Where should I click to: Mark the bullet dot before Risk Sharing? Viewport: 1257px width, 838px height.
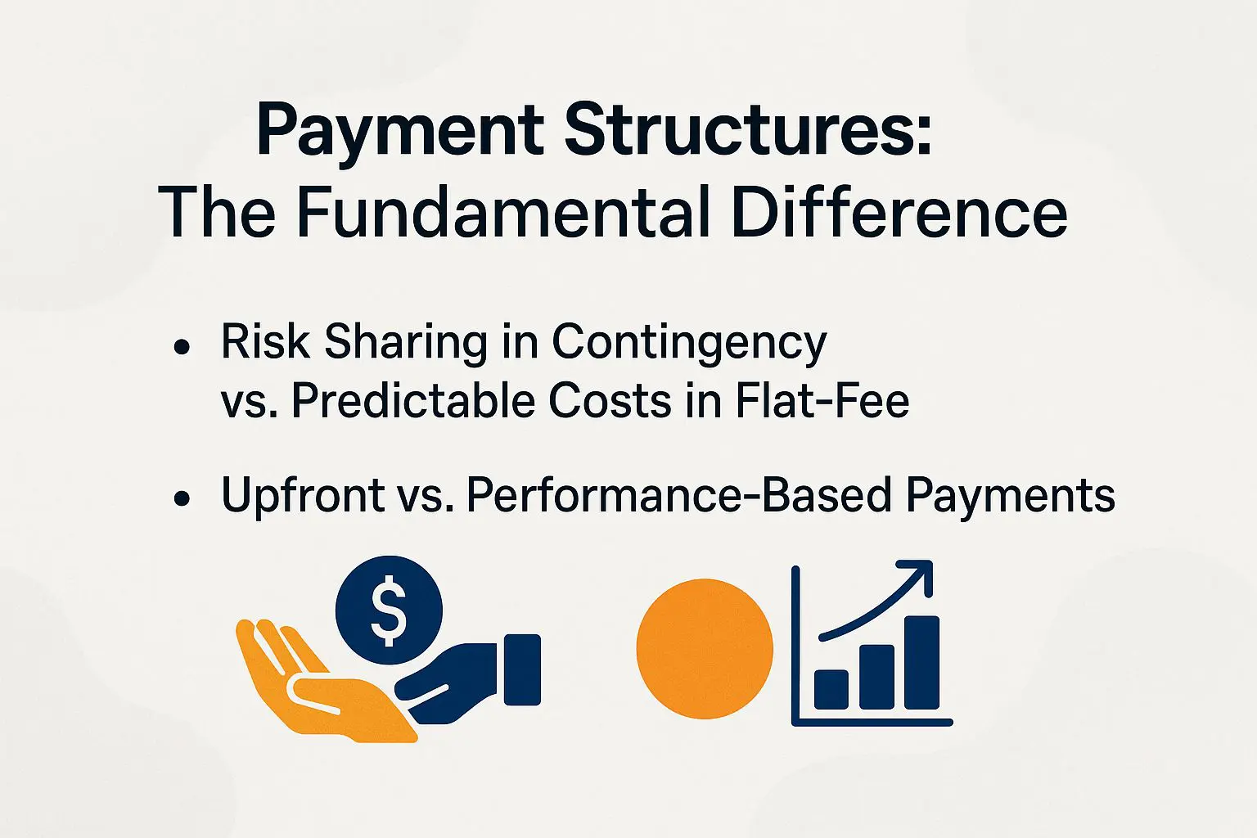tap(182, 347)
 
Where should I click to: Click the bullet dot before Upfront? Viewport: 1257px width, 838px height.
tap(182, 498)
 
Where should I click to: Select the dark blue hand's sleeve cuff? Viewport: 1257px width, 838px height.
tap(522, 669)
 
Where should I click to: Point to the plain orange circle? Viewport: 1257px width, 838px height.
tap(705, 648)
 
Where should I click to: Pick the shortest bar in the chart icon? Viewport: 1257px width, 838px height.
tap(831, 689)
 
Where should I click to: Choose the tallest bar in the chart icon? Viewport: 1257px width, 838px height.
tap(922, 662)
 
